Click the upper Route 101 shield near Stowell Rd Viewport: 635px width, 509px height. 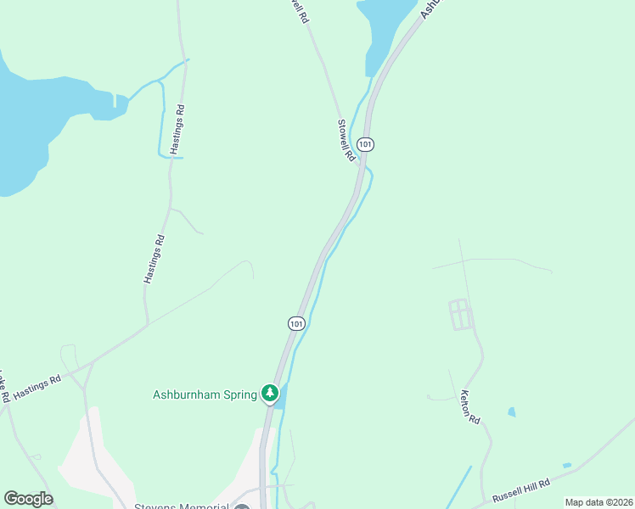[365, 144]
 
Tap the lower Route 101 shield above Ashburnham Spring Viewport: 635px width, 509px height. [295, 323]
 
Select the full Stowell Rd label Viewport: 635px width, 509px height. [346, 140]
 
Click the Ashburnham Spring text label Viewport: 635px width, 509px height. [204, 394]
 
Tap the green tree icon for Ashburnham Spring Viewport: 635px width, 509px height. [270, 393]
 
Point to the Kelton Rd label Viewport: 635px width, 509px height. [469, 407]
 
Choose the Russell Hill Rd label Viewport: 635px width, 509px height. [520, 491]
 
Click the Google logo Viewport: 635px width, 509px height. [28, 499]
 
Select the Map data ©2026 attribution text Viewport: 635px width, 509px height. [598, 502]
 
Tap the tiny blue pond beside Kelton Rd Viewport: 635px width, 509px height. [511, 412]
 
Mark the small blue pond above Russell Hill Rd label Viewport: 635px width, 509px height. [566, 466]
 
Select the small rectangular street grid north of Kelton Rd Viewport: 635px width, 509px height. [459, 314]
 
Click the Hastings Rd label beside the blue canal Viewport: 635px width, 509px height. [177, 129]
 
